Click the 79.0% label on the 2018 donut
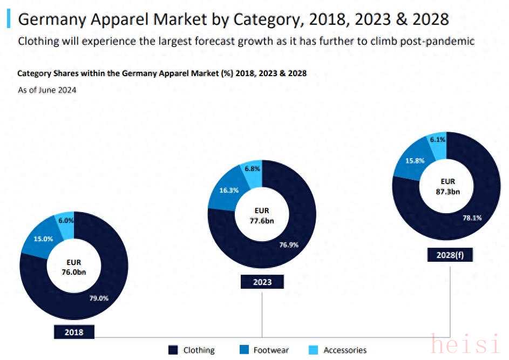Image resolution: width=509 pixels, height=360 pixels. click(99, 298)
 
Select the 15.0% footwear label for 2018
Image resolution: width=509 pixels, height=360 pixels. click(44, 239)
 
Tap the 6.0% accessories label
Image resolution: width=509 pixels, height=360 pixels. click(66, 220)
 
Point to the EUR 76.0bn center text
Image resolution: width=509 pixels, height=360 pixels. click(74, 267)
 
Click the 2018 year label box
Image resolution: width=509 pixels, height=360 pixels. click(74, 332)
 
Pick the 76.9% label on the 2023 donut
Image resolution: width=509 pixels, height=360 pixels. click(289, 244)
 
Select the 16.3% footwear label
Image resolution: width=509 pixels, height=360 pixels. click(229, 190)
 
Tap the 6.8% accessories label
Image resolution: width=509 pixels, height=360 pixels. click(252, 168)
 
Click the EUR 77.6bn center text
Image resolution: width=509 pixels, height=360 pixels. click(262, 215)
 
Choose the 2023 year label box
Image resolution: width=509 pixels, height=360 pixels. click(262, 282)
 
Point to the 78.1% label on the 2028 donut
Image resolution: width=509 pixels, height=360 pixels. click(472, 218)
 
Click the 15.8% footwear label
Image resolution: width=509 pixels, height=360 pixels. click(415, 160)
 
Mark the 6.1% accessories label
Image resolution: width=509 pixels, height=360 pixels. click(437, 139)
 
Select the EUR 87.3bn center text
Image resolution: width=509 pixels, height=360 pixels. click(447, 186)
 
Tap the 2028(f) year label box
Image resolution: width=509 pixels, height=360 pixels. click(450, 255)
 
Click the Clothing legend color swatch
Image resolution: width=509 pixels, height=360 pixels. click(173, 350)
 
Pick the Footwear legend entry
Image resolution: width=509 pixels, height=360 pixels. click(264, 350)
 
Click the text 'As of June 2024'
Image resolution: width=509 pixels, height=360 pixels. click(47, 90)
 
